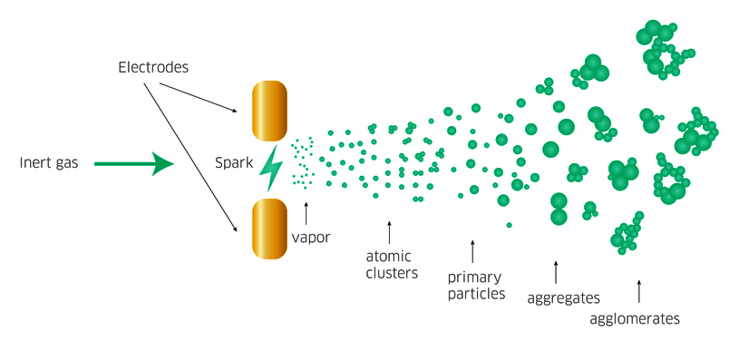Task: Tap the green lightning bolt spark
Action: coord(270,170)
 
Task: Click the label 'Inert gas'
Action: coord(49,164)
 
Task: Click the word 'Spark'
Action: coord(234,163)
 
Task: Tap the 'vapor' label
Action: coord(311,238)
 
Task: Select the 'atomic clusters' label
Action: coord(392,264)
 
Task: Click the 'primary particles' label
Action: coord(476,285)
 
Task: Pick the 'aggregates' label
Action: coord(563,297)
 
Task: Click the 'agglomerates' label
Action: coord(635,318)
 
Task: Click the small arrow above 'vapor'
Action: coord(306,213)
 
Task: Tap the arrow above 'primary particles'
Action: coord(472,251)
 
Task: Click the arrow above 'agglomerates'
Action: coord(638,291)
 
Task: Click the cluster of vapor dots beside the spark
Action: coord(302,163)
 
